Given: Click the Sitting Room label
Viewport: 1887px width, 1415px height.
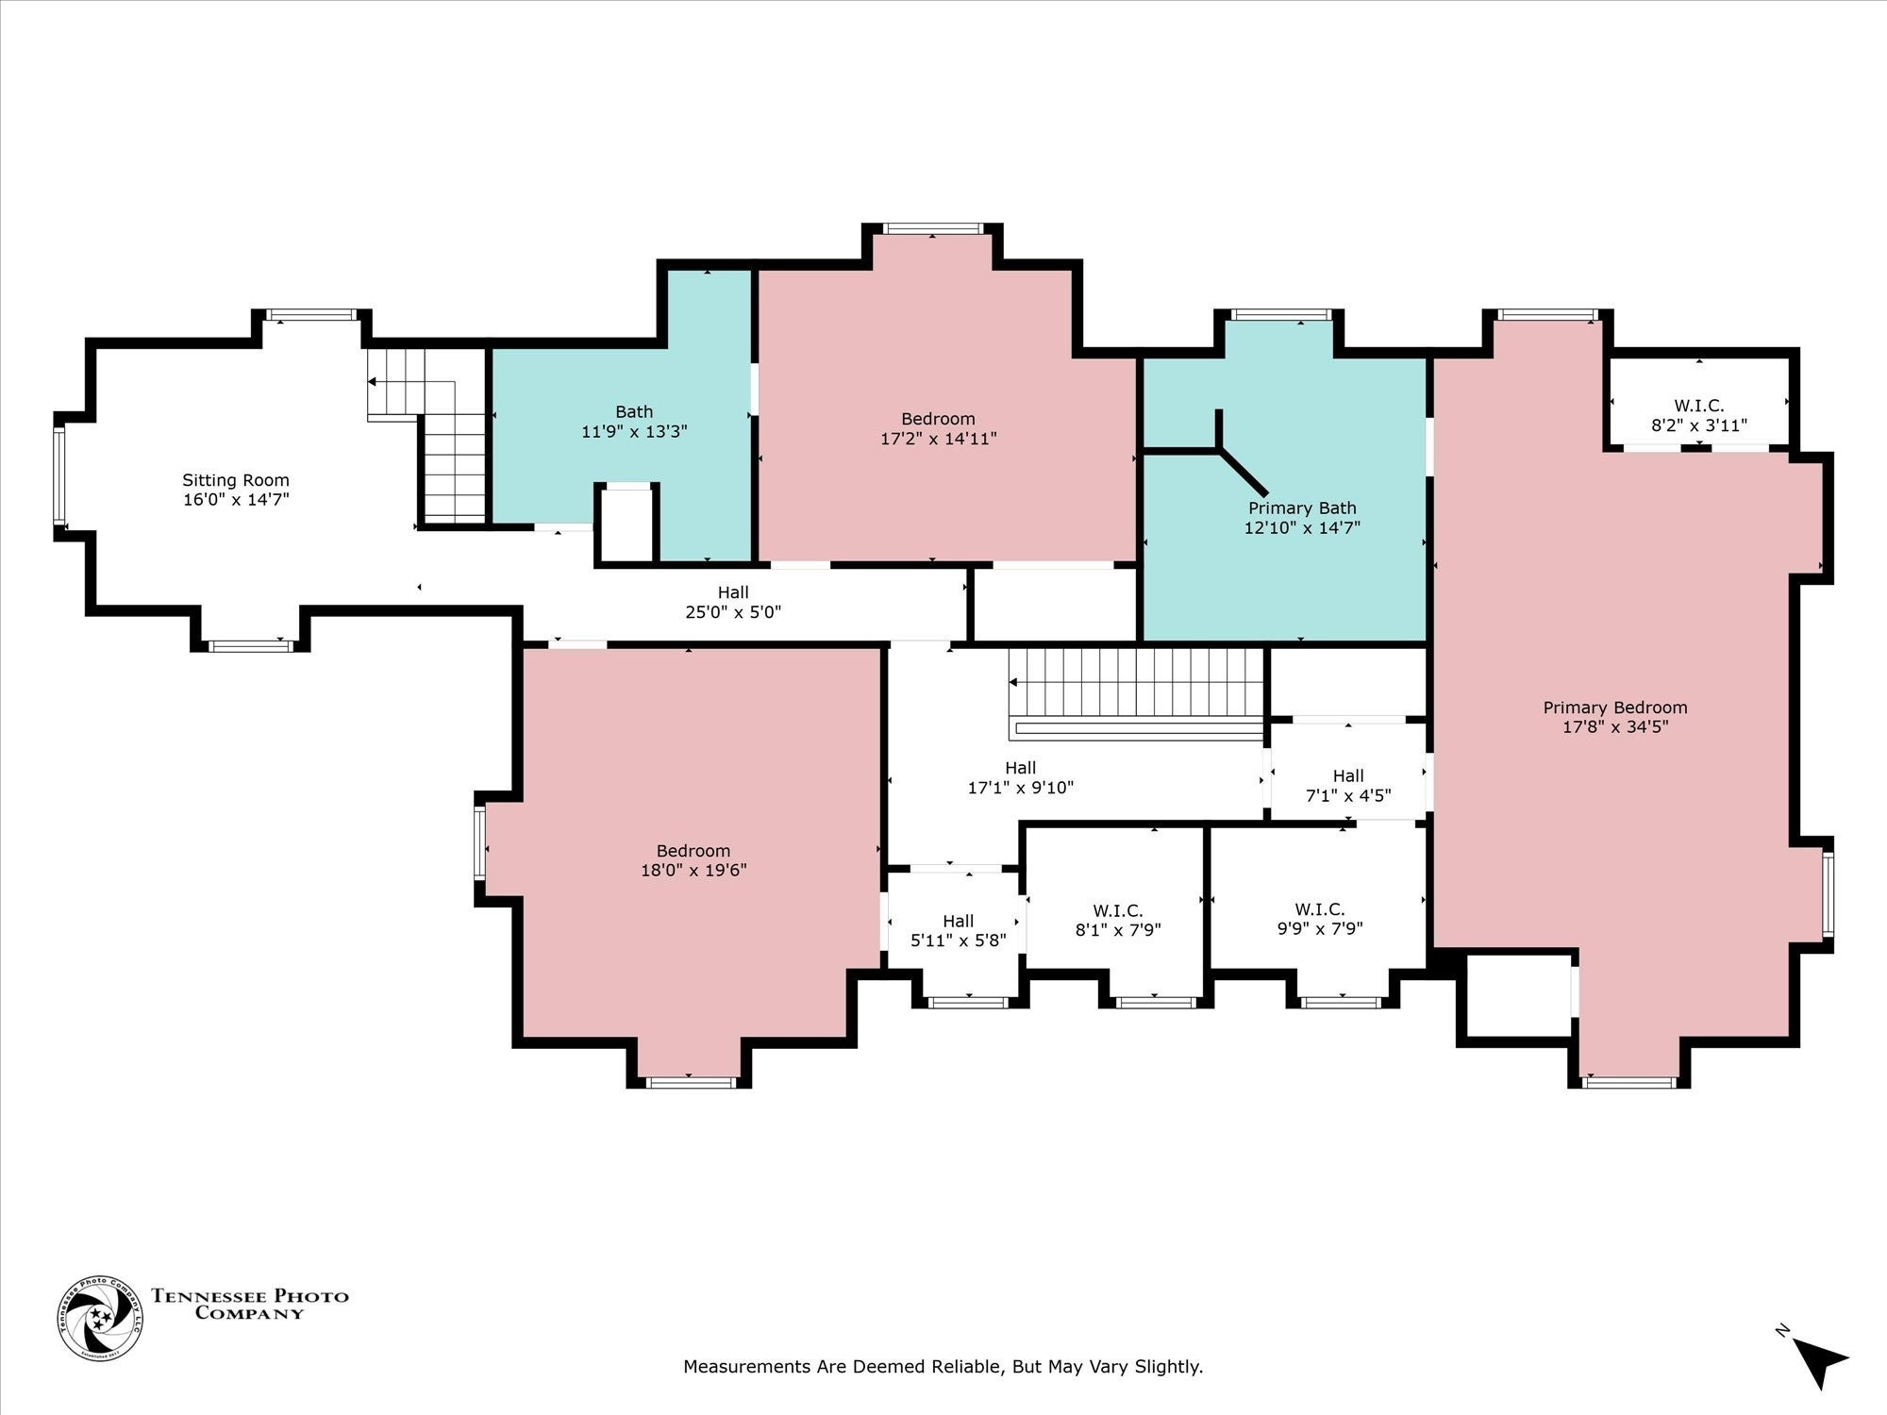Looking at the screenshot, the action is [236, 480].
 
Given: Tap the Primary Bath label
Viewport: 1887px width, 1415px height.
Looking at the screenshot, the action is [1302, 508].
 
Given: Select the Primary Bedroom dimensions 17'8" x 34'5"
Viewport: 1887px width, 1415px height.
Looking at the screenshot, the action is [1615, 727].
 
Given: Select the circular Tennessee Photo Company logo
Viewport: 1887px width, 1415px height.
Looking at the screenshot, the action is [101, 1318].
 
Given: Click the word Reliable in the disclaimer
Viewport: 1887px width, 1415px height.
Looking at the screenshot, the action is [968, 1366].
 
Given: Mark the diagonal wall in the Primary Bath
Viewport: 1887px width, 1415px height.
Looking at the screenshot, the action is [1243, 473].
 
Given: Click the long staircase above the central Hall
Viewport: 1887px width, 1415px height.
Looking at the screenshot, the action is [1137, 693].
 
